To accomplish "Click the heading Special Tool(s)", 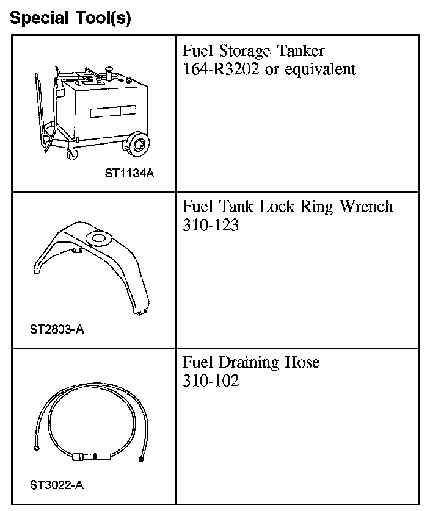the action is [71, 18].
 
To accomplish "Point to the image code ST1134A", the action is [129, 173].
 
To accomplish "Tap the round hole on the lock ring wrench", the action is [96, 238].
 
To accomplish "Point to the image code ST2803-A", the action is [56, 330].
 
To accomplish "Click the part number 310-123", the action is [211, 226].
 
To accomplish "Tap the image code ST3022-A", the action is [56, 486].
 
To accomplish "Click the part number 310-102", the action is [211, 382].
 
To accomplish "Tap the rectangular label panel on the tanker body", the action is [114, 113].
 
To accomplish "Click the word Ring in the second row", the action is [315, 207].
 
